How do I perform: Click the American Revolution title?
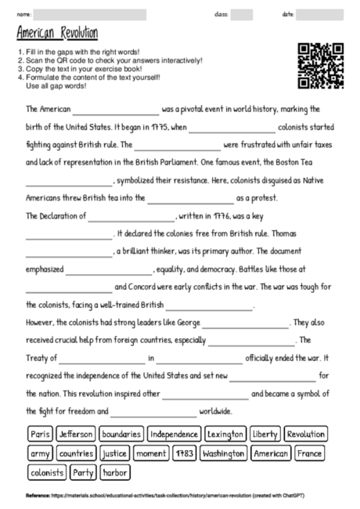[56, 33]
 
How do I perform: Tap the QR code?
[321, 66]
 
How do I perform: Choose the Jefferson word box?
[76, 433]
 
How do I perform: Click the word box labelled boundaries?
[121, 433]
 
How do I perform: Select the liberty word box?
[265, 433]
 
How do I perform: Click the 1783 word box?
[184, 453]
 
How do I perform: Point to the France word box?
[309, 453]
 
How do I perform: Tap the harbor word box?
[115, 472]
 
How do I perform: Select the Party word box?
[83, 472]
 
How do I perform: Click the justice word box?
[114, 453]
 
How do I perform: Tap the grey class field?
[241, 14]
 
